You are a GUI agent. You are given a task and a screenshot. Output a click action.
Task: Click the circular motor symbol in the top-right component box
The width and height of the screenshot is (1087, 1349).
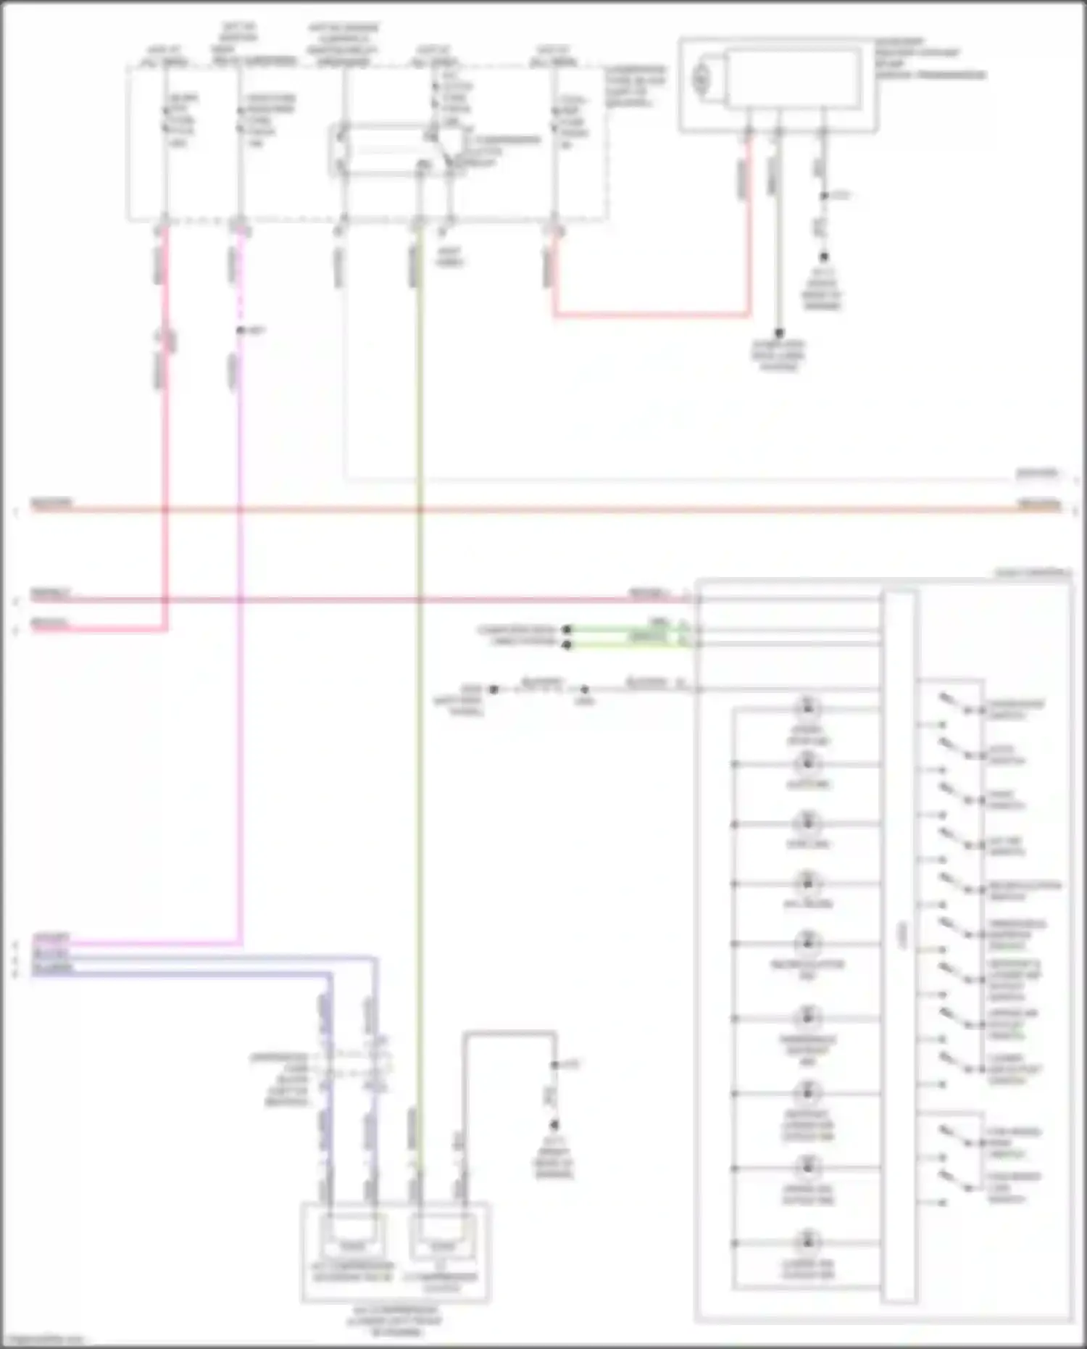click(x=701, y=78)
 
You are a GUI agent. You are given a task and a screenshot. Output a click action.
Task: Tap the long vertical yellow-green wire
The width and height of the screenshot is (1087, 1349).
click(x=419, y=725)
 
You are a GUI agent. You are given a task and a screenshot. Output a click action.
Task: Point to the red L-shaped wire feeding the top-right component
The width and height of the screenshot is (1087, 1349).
click(x=652, y=315)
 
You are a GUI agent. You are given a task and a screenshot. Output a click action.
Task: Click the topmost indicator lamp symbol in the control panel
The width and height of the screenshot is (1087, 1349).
click(x=807, y=707)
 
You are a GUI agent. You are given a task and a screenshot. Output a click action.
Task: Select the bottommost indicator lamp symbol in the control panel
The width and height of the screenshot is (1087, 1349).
click(x=807, y=1242)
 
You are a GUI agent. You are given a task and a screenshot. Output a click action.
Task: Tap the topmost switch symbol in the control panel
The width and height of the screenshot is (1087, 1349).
click(x=955, y=705)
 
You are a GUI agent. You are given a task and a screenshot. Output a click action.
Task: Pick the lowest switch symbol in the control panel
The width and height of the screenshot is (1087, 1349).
click(x=955, y=1182)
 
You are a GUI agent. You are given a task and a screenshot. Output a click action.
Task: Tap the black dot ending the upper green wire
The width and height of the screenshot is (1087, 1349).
click(x=567, y=629)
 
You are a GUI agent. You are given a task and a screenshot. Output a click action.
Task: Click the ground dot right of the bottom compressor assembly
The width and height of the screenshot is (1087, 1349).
click(x=554, y=1125)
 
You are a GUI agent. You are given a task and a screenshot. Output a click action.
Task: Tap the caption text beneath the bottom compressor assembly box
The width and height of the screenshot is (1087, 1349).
click(x=395, y=1321)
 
